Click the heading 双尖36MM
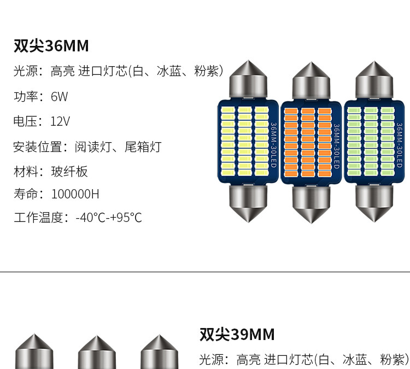[51, 45]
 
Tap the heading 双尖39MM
[237, 334]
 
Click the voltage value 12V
[60, 121]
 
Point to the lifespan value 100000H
[75, 194]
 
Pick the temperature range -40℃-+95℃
[108, 218]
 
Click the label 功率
[25, 97]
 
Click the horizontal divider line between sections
[205, 272]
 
